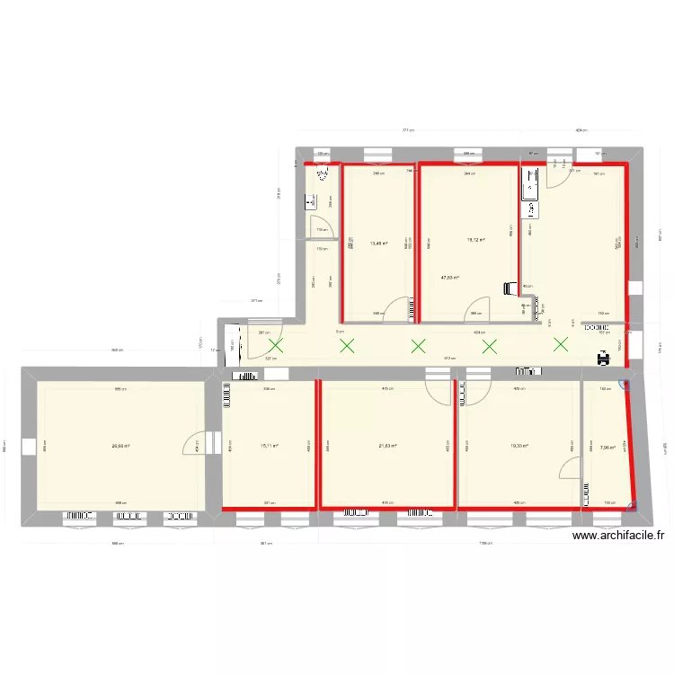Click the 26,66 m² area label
(120, 446)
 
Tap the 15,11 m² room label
(270, 446)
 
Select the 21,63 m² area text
(387, 446)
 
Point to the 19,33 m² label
(519, 446)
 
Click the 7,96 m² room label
(607, 446)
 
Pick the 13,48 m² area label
(378, 242)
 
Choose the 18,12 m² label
(475, 240)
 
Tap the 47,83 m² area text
(450, 278)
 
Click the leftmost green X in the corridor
(276, 345)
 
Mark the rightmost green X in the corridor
(562, 344)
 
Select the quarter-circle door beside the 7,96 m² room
(569, 468)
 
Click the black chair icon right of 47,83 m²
(510, 289)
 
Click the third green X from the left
(418, 345)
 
